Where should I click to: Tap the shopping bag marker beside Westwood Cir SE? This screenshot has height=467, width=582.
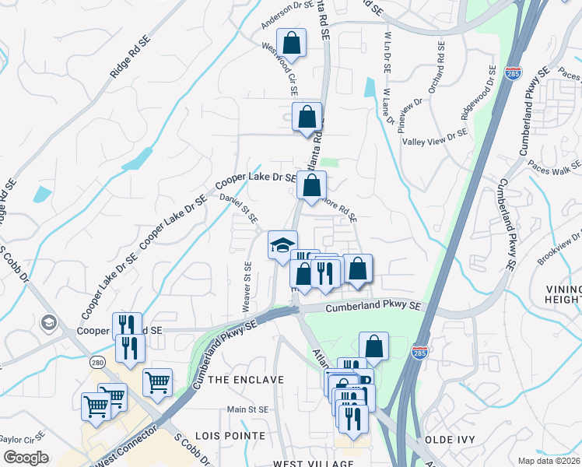click(307, 117)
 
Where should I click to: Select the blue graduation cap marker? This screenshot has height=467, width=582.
click(282, 245)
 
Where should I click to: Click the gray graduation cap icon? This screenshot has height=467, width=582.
click(48, 322)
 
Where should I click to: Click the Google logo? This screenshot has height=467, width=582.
click(26, 457)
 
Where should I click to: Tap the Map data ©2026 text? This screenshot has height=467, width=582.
click(549, 460)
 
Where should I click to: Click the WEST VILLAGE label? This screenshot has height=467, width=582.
click(308, 463)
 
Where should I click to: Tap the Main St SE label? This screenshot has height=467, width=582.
click(247, 409)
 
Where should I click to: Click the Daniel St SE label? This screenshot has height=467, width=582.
click(239, 211)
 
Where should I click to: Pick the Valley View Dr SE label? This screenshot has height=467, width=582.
click(435, 137)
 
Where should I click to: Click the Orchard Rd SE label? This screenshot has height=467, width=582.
click(440, 68)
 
